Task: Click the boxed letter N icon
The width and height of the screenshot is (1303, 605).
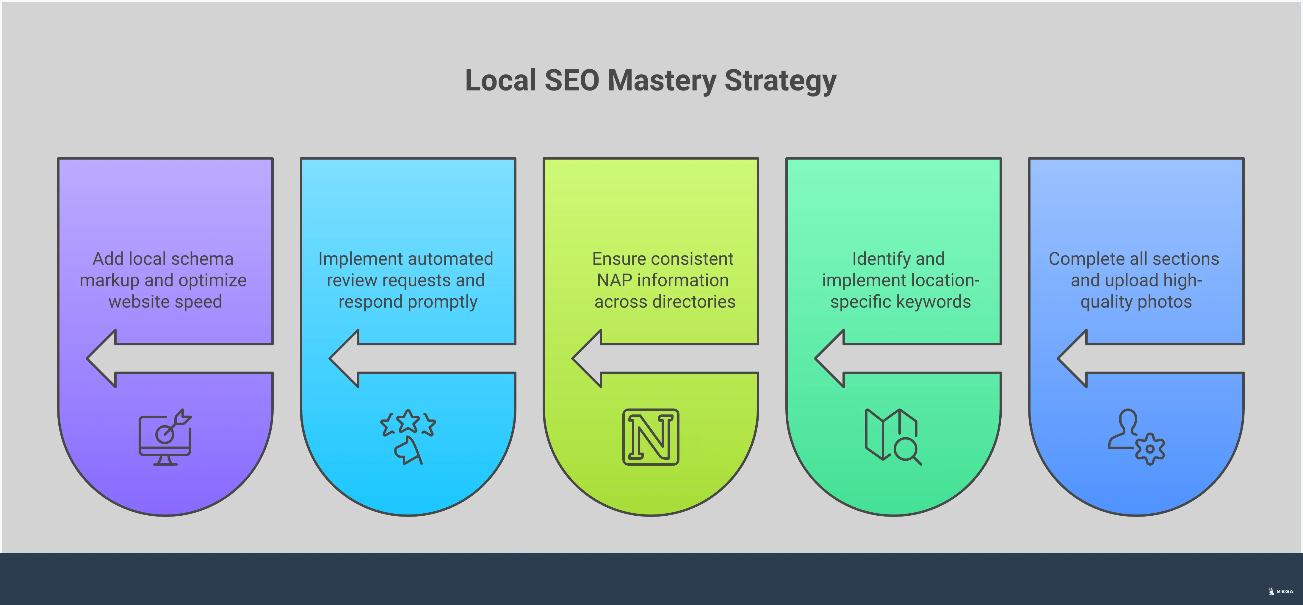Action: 651,437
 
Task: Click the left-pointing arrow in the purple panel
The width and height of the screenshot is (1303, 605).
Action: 116,358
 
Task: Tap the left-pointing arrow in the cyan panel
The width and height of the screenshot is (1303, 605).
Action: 359,358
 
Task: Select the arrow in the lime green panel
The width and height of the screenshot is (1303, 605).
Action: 602,358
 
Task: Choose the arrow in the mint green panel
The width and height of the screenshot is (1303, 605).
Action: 845,358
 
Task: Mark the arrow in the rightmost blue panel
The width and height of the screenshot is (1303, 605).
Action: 1088,358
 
